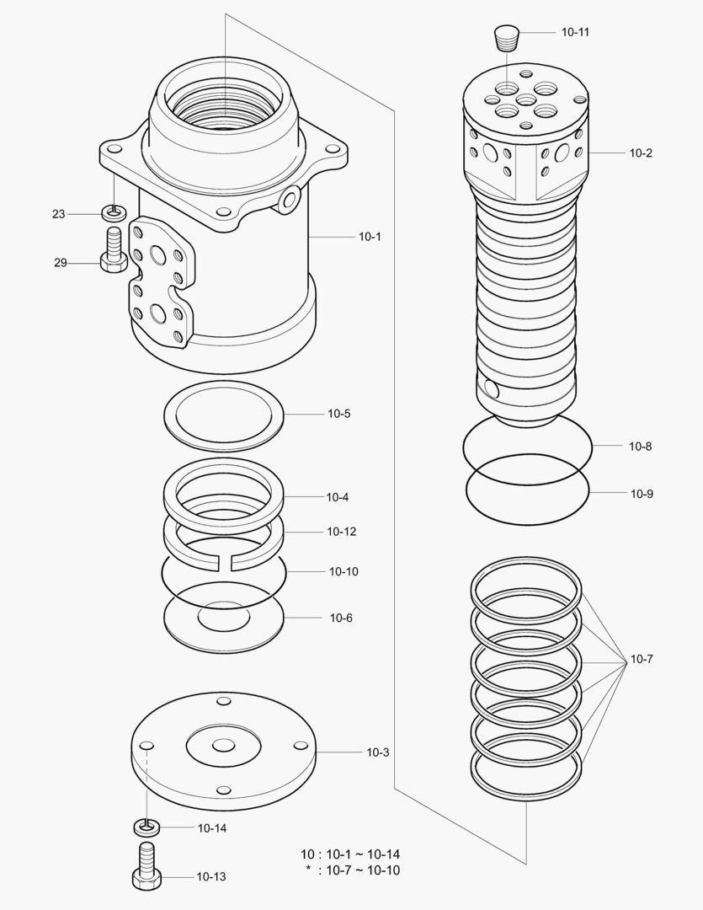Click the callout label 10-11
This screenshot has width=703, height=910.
575,32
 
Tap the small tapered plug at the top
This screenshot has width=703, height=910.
507,36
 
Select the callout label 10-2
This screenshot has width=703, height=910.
641,153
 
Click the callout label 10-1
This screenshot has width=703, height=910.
370,237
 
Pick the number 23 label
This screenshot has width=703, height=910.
58,215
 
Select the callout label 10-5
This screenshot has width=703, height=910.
339,414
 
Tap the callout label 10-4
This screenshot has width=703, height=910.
337,497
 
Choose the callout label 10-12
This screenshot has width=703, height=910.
341,532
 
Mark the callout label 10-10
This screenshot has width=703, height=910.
344,571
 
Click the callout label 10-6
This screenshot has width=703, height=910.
340,618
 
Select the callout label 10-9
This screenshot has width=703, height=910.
642,494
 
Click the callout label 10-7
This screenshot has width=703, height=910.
642,659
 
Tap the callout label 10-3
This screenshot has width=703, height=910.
377,752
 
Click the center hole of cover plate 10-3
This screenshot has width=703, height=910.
223,746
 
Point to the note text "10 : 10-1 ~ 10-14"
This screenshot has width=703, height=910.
350,854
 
